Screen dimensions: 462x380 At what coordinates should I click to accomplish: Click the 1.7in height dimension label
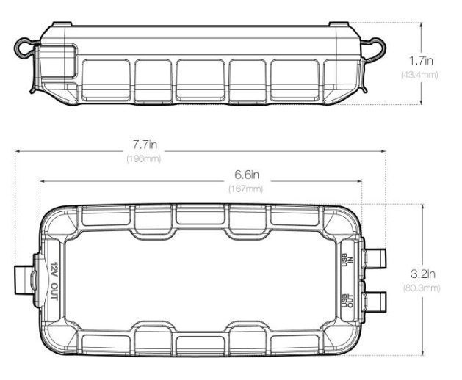click(x=421, y=61)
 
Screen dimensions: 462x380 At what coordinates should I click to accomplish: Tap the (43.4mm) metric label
click(x=419, y=75)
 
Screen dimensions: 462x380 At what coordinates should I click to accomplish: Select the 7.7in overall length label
click(x=145, y=145)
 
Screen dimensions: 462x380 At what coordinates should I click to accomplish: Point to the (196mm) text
click(x=144, y=158)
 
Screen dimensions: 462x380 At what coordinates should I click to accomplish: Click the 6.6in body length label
click(x=247, y=175)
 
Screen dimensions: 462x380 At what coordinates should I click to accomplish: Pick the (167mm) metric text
click(x=246, y=189)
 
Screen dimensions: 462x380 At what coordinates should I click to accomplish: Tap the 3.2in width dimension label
click(x=423, y=274)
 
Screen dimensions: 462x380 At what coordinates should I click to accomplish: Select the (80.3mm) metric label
click(x=422, y=288)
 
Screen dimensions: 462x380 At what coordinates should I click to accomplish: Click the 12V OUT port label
click(x=54, y=281)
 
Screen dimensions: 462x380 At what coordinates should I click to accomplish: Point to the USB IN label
click(x=347, y=259)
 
